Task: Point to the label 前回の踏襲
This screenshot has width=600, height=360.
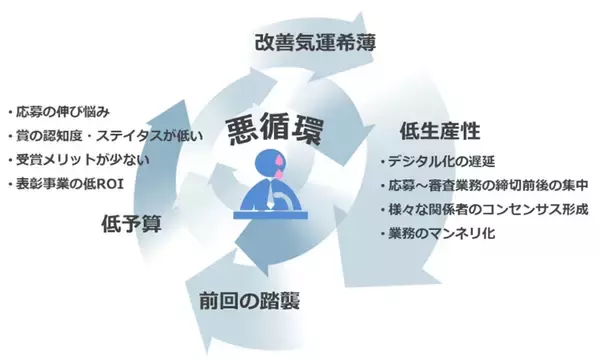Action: (x=248, y=299)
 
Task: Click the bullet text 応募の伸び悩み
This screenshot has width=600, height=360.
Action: (x=66, y=110)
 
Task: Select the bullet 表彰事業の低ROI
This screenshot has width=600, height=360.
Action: (x=72, y=184)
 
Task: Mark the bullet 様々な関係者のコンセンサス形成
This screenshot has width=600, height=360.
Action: (x=487, y=210)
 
